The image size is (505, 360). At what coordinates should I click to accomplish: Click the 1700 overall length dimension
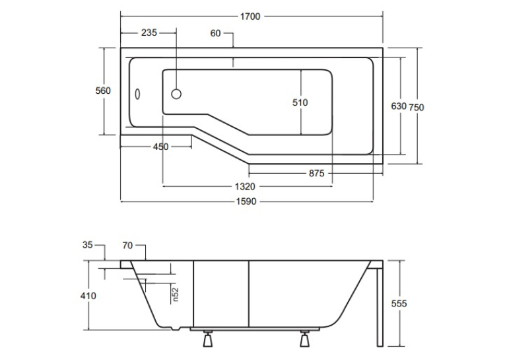tap(250, 17)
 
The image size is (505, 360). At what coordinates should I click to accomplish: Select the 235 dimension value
tap(149, 33)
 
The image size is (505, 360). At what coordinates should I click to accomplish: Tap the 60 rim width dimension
tap(215, 33)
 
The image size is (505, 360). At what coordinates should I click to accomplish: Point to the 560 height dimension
tap(103, 91)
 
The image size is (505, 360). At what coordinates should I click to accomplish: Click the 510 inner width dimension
tap(300, 102)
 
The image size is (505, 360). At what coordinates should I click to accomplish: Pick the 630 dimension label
tap(399, 106)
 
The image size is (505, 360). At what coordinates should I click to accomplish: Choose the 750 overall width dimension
tap(417, 107)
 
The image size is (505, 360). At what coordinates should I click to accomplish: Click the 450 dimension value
tap(160, 147)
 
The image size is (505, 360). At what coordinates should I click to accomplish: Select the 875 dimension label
tap(317, 173)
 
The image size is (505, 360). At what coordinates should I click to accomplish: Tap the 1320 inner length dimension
tap(245, 187)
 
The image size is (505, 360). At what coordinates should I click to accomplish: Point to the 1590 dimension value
tap(246, 201)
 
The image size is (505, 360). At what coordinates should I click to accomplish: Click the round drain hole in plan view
tap(176, 94)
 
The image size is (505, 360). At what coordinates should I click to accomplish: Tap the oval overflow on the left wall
tap(137, 94)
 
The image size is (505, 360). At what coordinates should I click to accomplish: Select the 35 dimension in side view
tap(88, 245)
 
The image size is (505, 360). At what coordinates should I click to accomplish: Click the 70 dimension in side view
tap(127, 246)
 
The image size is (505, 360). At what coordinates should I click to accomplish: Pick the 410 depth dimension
tap(88, 296)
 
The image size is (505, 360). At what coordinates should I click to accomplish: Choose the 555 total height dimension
tap(399, 304)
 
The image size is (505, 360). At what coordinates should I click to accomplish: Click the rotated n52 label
tap(175, 295)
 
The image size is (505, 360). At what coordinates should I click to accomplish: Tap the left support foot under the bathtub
tap(208, 338)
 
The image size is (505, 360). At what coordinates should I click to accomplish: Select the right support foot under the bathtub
tap(304, 338)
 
